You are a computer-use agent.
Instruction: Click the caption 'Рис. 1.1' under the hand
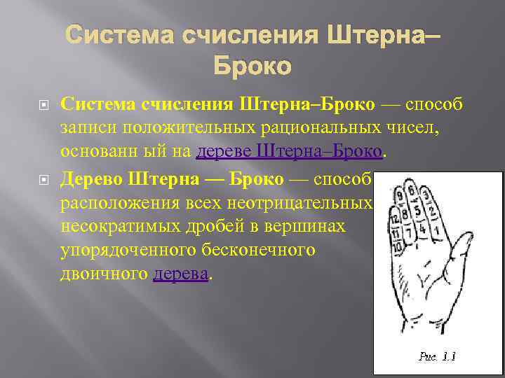click(x=438, y=356)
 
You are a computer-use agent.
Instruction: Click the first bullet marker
click(x=41, y=105)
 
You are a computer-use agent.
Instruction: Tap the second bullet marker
click(x=41, y=181)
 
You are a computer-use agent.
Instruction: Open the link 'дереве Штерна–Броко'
click(x=290, y=152)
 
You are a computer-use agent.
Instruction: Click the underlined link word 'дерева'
click(x=180, y=274)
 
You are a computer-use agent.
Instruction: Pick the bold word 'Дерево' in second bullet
click(x=91, y=180)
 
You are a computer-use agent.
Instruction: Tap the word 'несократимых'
click(x=114, y=227)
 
